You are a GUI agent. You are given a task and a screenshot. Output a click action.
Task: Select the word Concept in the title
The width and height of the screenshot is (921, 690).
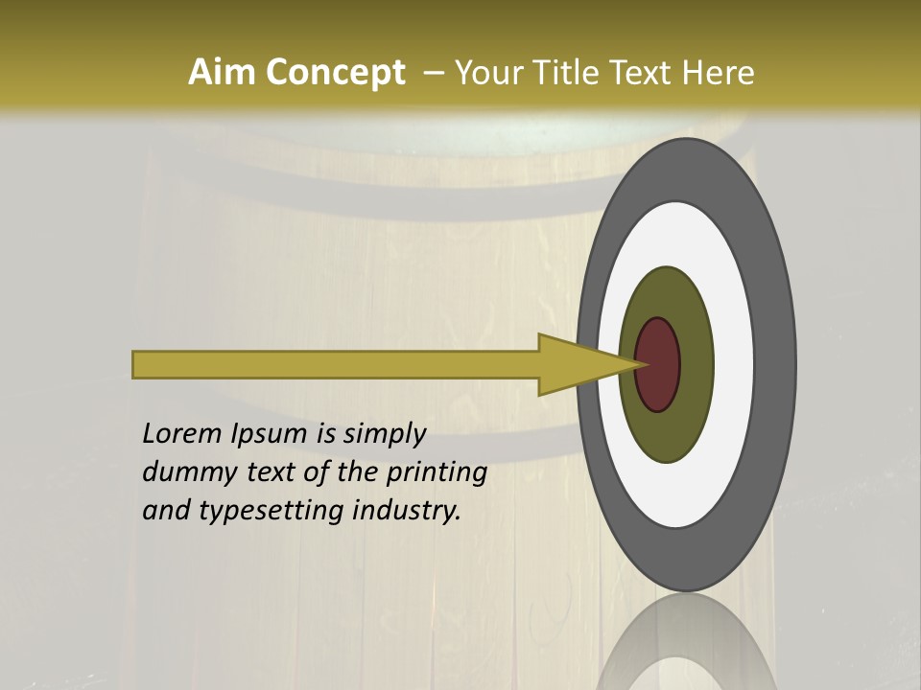click(335, 72)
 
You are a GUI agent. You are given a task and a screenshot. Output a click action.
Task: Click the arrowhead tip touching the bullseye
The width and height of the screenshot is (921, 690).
click(641, 364)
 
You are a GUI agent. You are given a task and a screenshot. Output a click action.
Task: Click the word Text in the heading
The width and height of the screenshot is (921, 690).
click(643, 72)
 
